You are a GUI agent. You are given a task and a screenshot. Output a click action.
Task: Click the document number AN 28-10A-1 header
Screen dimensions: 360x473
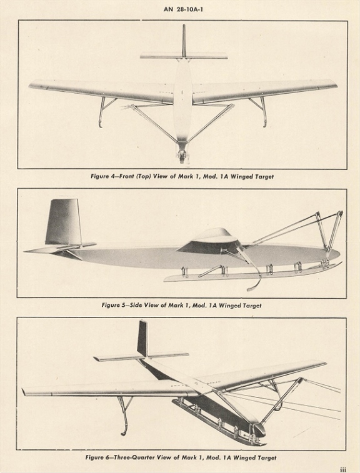(183, 9)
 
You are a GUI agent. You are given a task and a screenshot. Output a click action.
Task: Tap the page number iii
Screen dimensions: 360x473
(342, 469)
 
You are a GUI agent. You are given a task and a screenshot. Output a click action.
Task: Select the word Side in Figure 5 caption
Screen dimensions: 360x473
(136, 306)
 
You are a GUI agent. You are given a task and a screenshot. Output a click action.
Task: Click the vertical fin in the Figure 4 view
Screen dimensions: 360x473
(184, 41)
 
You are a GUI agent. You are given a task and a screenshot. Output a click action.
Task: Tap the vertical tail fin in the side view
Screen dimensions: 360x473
(63, 221)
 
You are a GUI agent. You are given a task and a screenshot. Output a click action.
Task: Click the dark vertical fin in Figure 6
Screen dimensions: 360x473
(142, 338)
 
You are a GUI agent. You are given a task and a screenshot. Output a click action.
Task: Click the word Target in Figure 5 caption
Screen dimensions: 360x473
(251, 306)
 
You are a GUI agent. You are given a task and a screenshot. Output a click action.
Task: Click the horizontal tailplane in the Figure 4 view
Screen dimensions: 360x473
(184, 56)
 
